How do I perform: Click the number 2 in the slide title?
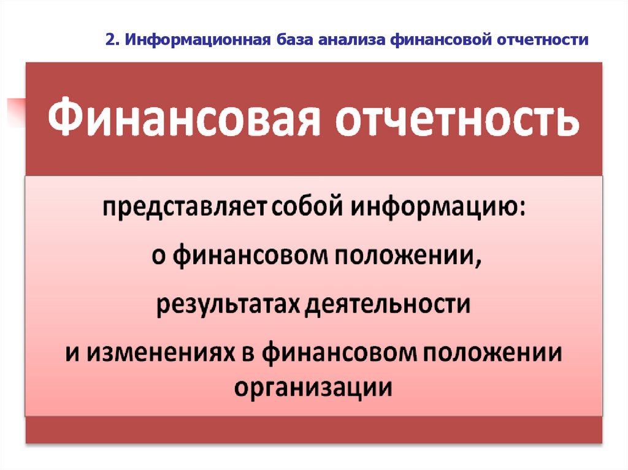click(x=108, y=40)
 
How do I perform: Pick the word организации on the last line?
click(x=313, y=387)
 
